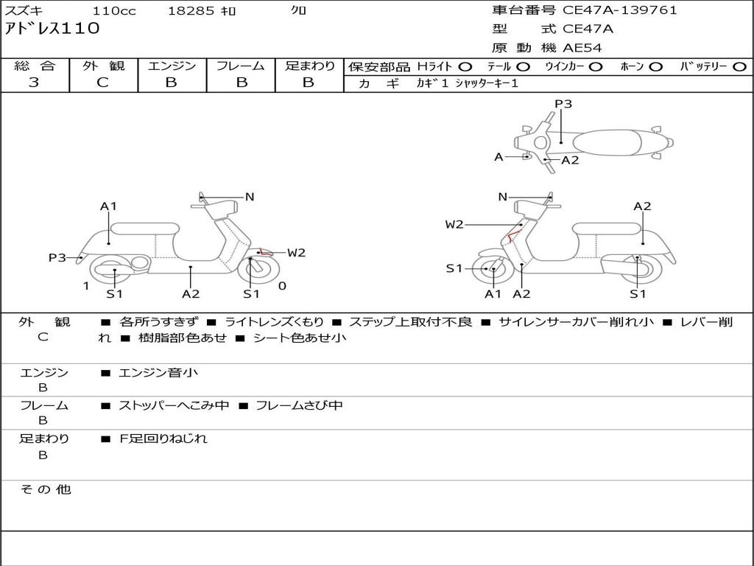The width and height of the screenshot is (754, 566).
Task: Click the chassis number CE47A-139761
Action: [x=619, y=10]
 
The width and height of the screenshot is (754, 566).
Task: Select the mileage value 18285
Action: [x=191, y=11]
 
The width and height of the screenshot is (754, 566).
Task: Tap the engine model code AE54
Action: [x=582, y=48]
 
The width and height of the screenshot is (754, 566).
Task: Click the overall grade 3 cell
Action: [x=34, y=83]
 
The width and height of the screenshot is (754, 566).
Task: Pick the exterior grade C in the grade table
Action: [x=102, y=83]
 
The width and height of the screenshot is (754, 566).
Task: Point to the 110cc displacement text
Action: [x=111, y=11]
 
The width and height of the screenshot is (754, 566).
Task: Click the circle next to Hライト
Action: [x=465, y=66]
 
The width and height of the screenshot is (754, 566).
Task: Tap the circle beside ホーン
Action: [x=655, y=66]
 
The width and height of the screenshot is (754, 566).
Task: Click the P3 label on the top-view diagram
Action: [x=563, y=104]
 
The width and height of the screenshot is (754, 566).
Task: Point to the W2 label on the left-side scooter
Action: [x=296, y=253]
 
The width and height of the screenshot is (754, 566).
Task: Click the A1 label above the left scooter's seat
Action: [x=109, y=206]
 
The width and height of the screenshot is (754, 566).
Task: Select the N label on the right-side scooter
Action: [x=503, y=197]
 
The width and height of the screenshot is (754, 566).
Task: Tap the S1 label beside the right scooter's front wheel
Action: [x=454, y=268]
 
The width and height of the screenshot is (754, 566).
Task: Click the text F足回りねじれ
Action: [x=163, y=439]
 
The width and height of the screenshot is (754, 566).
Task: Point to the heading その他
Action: [x=46, y=489]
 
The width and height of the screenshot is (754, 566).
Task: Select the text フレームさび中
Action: [x=298, y=405]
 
